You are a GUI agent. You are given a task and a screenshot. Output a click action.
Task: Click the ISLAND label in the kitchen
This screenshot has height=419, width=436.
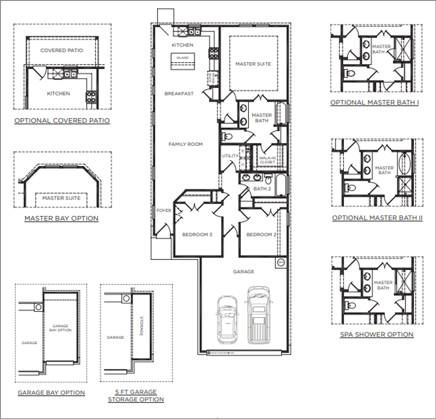tap(183, 58)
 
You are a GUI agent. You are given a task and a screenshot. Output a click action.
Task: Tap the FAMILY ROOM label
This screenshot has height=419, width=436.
tap(185, 144)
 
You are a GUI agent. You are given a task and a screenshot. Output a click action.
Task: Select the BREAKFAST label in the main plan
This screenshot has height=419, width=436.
tap(179, 93)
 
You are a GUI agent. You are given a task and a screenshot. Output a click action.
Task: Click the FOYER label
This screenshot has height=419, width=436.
tap(163, 210)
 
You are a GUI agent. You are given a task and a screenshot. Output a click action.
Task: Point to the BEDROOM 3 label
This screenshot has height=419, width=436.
tap(197, 235)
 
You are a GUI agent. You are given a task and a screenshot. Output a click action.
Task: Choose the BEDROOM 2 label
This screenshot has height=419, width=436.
tap(261, 235)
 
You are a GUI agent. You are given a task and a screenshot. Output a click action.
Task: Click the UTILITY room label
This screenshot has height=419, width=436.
tap(230, 156)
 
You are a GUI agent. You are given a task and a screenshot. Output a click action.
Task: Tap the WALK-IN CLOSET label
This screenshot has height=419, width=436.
tap(267, 160)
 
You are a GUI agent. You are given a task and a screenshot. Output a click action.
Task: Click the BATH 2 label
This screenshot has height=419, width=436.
tap(262, 189)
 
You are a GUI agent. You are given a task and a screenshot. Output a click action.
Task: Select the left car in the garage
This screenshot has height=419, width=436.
tap(228, 320)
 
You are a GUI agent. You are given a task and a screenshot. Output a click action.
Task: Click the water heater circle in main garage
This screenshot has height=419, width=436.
tap(281, 263)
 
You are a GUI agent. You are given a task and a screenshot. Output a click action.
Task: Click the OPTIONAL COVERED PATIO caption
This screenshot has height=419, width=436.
tap(62, 121)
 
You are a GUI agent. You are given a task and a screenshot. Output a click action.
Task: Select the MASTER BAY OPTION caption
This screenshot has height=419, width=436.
tap(61, 219)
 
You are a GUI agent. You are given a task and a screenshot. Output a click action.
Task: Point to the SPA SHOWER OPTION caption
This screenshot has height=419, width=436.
tap(377, 335)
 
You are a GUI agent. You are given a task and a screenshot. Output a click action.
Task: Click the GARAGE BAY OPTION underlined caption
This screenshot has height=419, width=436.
tap(51, 393)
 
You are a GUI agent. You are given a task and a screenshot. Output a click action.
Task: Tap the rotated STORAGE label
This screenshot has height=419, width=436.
tap(142, 326)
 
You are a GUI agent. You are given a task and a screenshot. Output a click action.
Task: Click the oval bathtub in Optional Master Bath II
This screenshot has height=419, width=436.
tap(404, 164)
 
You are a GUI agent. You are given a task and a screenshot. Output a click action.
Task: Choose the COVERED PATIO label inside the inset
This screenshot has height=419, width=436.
tap(62, 50)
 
